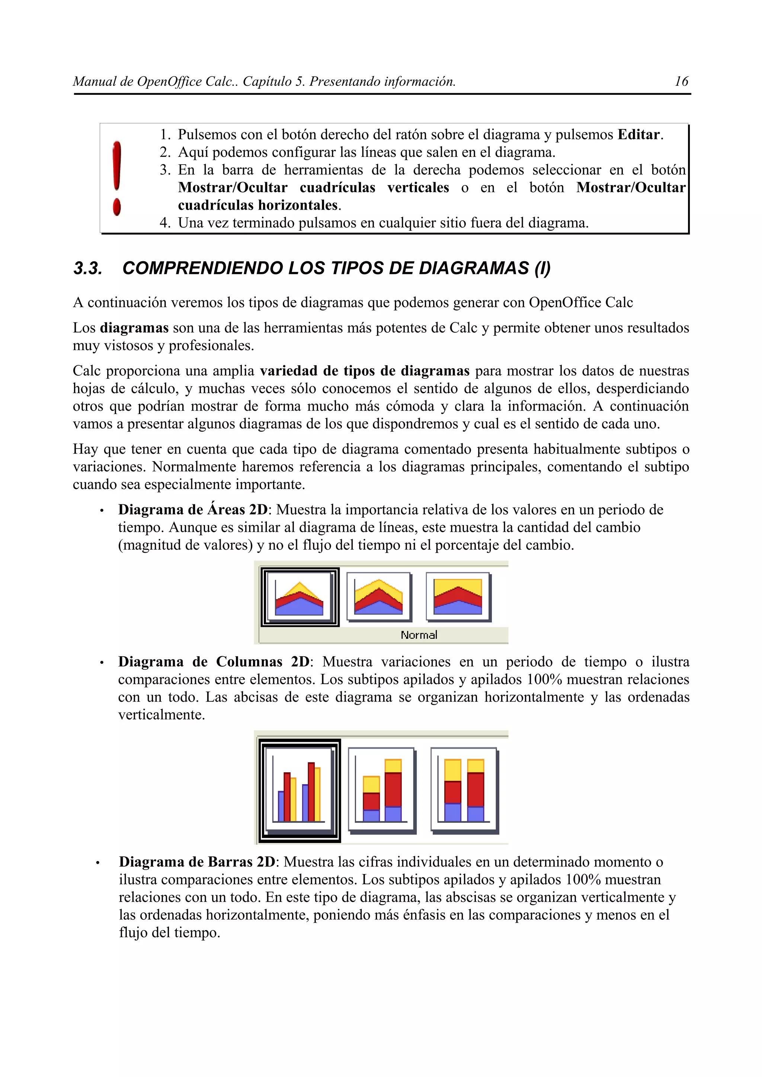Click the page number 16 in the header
click(x=681, y=82)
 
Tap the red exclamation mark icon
click(x=117, y=178)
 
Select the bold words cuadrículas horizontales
click(x=258, y=205)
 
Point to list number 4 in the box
click(x=164, y=223)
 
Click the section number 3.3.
click(x=88, y=268)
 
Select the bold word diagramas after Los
click(x=134, y=327)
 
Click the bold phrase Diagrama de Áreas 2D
click(x=192, y=510)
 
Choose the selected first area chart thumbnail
click(x=300, y=597)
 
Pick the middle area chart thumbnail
click(x=378, y=597)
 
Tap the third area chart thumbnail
click(x=458, y=597)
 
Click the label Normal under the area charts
click(x=419, y=635)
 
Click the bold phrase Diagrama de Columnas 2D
click(x=214, y=662)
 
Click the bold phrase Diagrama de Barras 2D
click(x=197, y=862)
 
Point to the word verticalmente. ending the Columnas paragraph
click(x=161, y=715)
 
